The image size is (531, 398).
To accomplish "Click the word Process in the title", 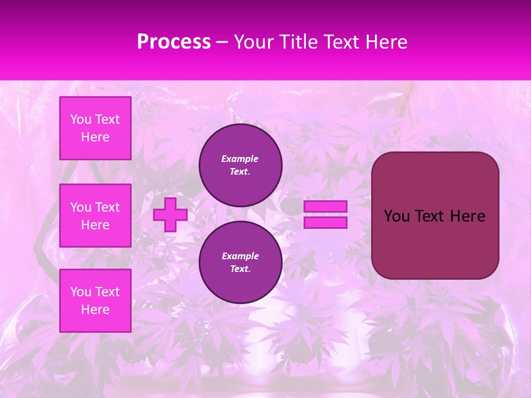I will pos(174,42).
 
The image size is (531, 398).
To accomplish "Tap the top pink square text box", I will pos(95,128).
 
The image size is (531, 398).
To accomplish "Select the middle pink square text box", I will pos(95,216).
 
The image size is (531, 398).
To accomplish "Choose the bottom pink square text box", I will pos(95,301).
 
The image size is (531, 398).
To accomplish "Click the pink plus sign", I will pos(170,214).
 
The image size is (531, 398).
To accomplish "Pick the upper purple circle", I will pos(241,165).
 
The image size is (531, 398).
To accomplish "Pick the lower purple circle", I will pos(241,263).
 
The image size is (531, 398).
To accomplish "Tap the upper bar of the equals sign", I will pos(326,207).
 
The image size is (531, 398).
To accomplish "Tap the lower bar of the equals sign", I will pos(326,223).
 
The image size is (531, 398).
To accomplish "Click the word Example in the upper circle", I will pos(240,159).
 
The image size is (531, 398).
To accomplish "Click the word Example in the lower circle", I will pos(240,256).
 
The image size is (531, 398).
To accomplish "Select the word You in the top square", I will pos(81,119).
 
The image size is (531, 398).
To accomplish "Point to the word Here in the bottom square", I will pos(95,310).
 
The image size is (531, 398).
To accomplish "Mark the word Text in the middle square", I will pos(107,207).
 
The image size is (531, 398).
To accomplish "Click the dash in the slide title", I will pos(222,42).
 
